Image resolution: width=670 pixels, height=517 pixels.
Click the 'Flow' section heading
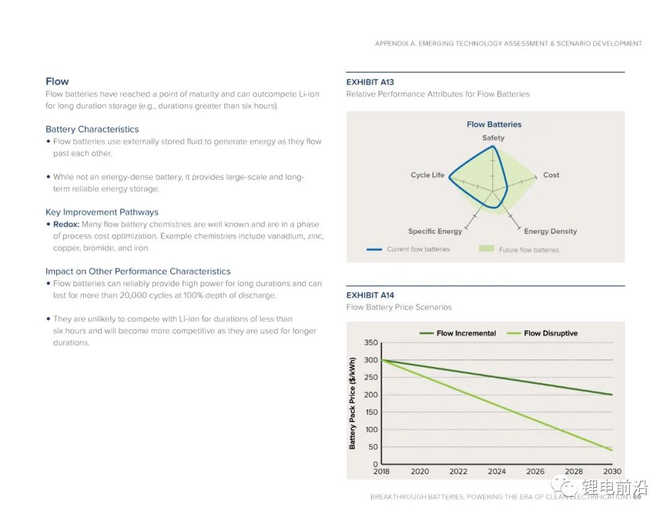tap(57, 81)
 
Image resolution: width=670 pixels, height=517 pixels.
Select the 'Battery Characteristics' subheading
tap(92, 129)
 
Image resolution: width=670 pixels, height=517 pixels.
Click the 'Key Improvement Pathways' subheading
tap(102, 212)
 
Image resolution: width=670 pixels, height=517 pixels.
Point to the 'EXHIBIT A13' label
tap(370, 82)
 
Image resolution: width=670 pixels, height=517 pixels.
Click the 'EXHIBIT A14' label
tap(370, 295)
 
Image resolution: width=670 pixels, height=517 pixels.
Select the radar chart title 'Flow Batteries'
tap(494, 124)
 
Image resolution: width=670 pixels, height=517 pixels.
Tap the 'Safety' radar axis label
tap(493, 138)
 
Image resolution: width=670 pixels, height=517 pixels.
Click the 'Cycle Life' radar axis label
tap(427, 175)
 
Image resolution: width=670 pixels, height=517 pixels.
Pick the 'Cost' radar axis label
tap(551, 175)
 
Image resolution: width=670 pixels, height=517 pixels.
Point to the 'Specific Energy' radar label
tap(435, 231)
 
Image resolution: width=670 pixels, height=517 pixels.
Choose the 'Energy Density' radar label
tap(550, 231)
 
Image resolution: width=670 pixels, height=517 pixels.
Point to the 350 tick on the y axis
tap(371, 343)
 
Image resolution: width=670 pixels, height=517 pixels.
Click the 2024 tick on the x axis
tap(496, 471)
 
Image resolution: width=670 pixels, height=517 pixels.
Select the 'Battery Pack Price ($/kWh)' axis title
tap(352, 403)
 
